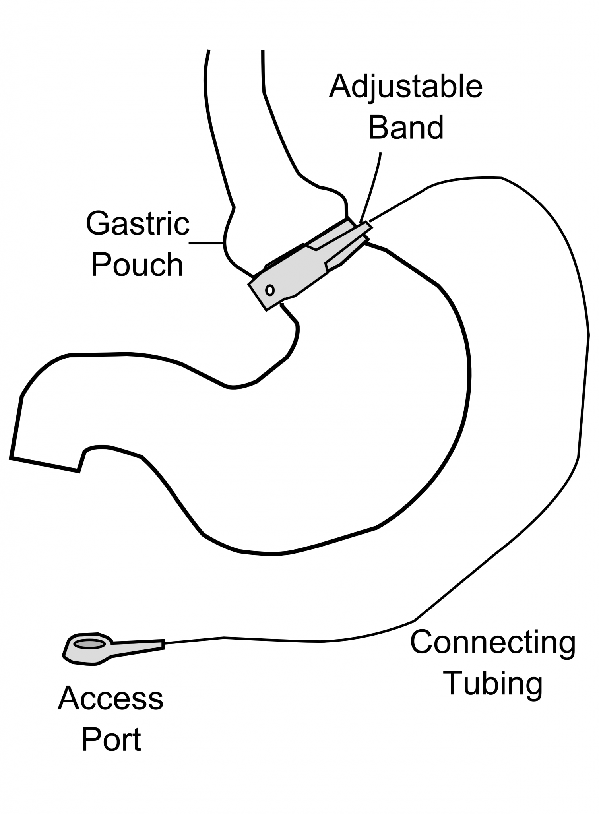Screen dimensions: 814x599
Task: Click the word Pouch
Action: click(x=138, y=265)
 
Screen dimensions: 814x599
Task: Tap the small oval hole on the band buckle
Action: click(x=269, y=290)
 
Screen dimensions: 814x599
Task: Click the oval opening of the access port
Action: click(x=90, y=644)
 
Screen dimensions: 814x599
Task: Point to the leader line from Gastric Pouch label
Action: click(x=205, y=242)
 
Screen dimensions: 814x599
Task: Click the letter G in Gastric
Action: click(x=98, y=224)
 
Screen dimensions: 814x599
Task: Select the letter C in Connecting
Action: click(x=422, y=642)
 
